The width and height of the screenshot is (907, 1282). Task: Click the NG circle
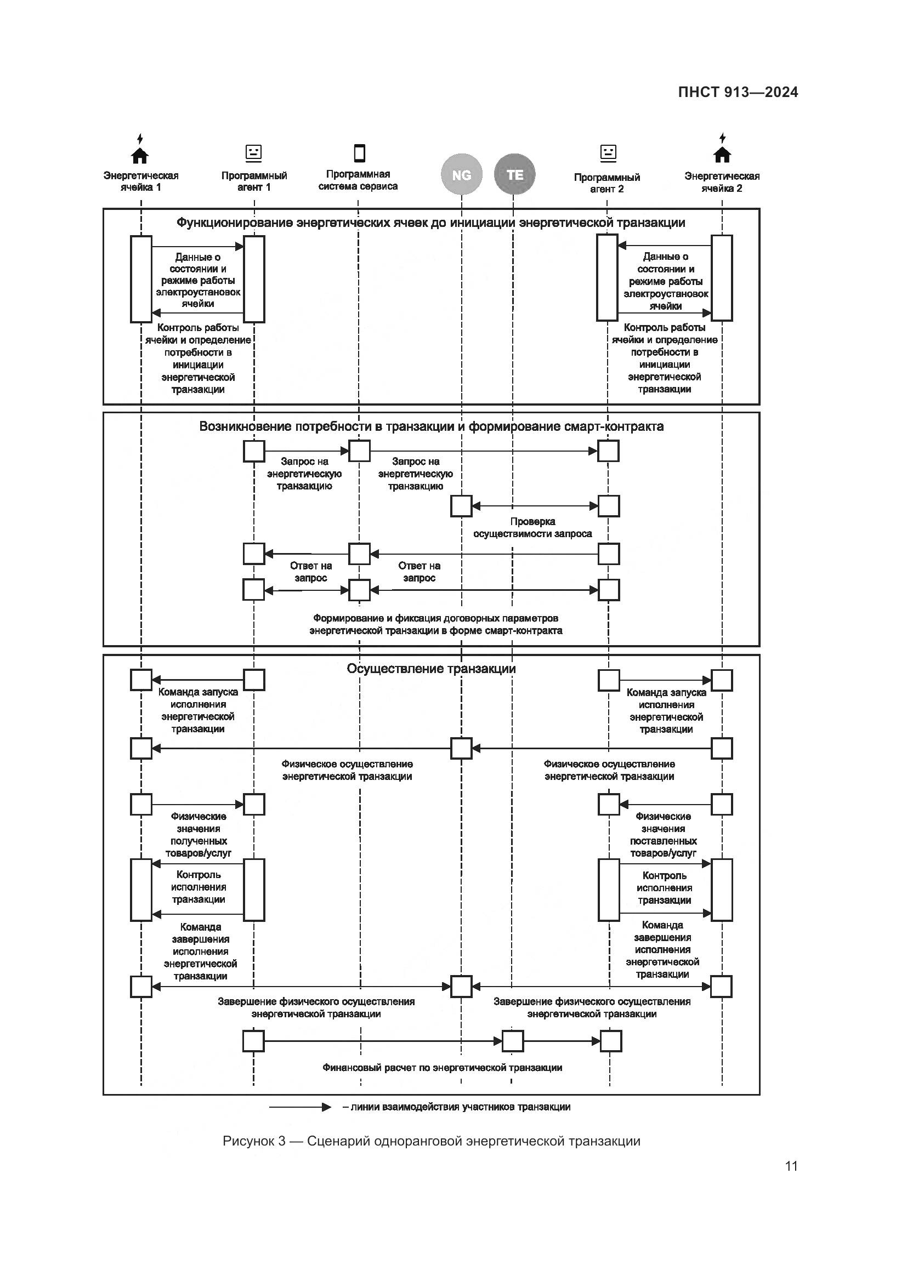461,175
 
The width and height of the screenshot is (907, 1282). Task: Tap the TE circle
514,174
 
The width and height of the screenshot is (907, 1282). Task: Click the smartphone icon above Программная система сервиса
360,152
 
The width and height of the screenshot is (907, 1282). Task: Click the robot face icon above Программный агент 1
253,152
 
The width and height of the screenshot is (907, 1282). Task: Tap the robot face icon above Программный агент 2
608,152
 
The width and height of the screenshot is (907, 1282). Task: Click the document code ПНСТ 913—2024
738,92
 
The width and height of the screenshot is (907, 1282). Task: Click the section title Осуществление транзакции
431,669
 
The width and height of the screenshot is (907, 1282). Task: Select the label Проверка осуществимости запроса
532,528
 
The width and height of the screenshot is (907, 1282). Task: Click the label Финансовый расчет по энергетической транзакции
443,1068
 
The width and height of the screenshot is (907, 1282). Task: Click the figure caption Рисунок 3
431,1141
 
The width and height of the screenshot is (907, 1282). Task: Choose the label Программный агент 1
254,181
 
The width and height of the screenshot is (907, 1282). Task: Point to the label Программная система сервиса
358,180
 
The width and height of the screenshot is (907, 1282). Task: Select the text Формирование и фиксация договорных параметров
435,619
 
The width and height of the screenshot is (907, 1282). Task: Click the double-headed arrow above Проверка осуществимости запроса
535,506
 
